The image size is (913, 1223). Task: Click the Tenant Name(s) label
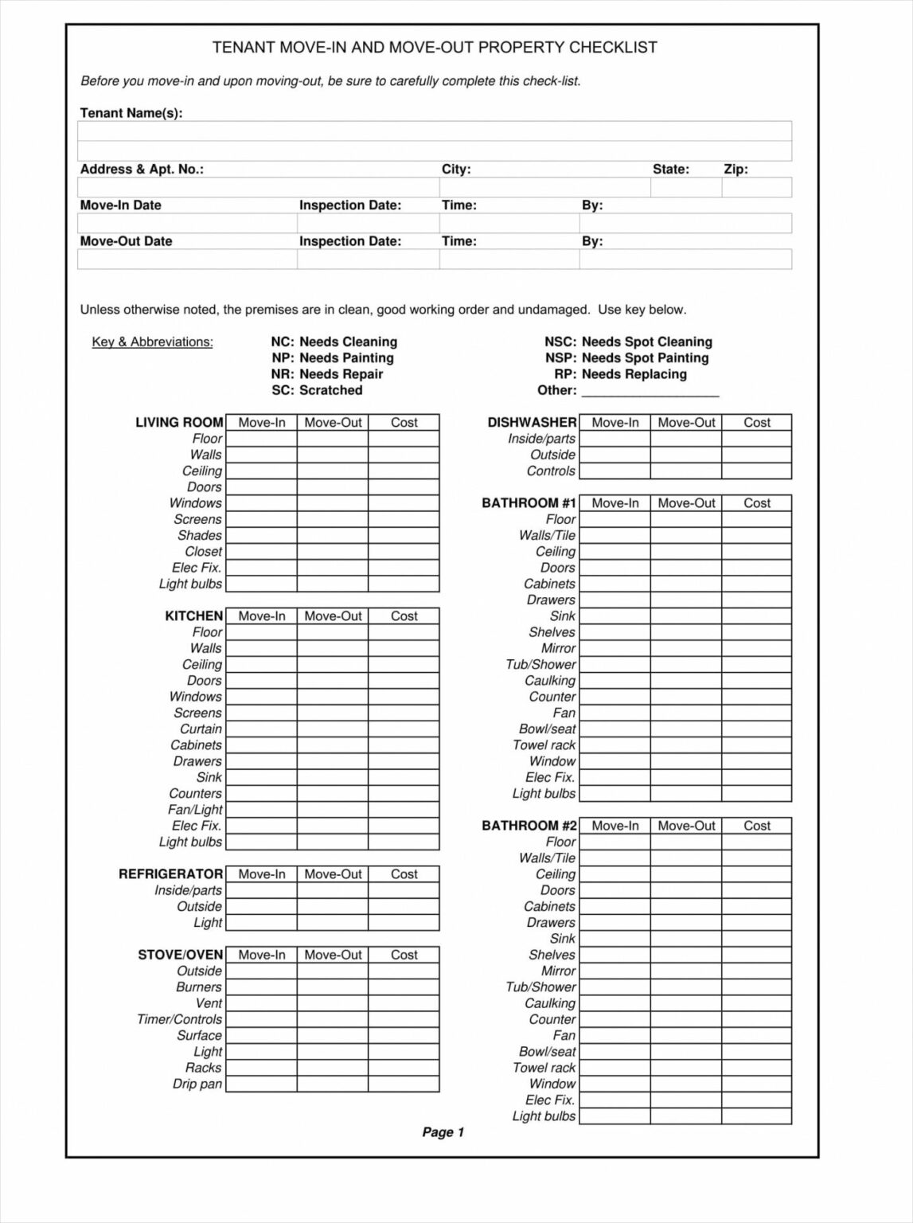[x=131, y=113]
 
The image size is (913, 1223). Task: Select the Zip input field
[x=756, y=187]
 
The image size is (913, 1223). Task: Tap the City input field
[x=544, y=187]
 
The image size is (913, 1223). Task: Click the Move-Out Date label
[x=126, y=241]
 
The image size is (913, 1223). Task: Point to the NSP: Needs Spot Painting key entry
[x=626, y=358]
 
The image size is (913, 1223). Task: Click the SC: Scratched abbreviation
[x=317, y=390]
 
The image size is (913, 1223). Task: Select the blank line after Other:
[x=650, y=391]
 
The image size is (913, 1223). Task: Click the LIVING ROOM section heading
[x=179, y=423]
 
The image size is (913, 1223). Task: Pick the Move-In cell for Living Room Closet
[x=261, y=552]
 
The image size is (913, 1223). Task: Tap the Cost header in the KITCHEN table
[x=404, y=616]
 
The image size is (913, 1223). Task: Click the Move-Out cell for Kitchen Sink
[x=333, y=778]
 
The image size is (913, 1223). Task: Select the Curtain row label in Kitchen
[x=201, y=729]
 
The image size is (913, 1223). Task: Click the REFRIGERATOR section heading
[x=170, y=874]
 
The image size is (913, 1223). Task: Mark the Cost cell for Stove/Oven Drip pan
[x=404, y=1084]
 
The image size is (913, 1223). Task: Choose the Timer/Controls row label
[x=179, y=1020]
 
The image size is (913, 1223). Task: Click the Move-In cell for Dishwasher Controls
[x=615, y=471]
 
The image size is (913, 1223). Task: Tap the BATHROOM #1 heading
[x=529, y=503]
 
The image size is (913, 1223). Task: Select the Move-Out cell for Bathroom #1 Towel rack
[x=686, y=745]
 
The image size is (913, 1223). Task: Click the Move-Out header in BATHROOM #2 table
[x=686, y=826]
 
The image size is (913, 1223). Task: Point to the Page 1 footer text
[x=443, y=1132]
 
